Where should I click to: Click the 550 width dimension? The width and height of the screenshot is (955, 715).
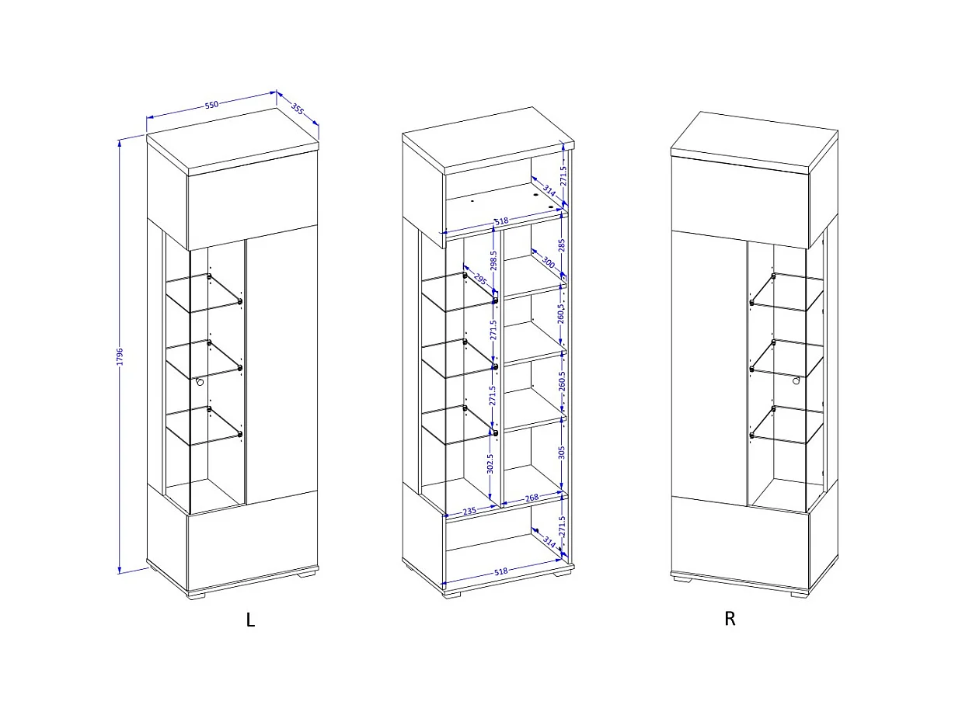pyautogui.click(x=211, y=105)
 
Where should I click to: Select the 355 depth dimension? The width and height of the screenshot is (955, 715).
pyautogui.click(x=298, y=109)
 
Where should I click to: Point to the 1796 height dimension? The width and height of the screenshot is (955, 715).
pyautogui.click(x=120, y=356)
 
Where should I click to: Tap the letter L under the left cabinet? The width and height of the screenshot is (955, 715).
pyautogui.click(x=250, y=620)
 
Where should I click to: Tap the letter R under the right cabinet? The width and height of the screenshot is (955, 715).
pyautogui.click(x=730, y=619)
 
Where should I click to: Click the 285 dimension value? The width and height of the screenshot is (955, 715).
pyautogui.click(x=562, y=245)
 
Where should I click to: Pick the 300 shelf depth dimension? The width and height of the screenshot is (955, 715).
pyautogui.click(x=548, y=262)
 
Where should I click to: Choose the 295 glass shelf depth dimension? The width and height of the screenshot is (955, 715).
pyautogui.click(x=479, y=279)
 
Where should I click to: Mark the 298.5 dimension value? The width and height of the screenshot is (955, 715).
pyautogui.click(x=493, y=260)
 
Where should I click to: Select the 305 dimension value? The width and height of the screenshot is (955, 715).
pyautogui.click(x=561, y=453)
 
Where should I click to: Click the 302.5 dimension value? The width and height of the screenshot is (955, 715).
pyautogui.click(x=490, y=463)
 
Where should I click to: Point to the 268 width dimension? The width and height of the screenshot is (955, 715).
pyautogui.click(x=532, y=498)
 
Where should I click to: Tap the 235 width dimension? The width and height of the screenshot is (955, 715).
pyautogui.click(x=469, y=511)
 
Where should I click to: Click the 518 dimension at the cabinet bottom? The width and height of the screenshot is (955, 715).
pyautogui.click(x=500, y=571)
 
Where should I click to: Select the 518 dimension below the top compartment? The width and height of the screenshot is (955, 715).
pyautogui.click(x=501, y=221)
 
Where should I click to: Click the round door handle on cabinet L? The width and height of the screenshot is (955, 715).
pyautogui.click(x=200, y=382)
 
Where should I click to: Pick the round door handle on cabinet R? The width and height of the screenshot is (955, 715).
pyautogui.click(x=796, y=380)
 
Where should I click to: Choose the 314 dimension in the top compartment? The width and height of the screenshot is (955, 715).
pyautogui.click(x=549, y=190)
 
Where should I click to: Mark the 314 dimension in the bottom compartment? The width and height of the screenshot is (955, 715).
pyautogui.click(x=549, y=543)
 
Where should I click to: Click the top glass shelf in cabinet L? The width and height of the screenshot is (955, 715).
pyautogui.click(x=204, y=293)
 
